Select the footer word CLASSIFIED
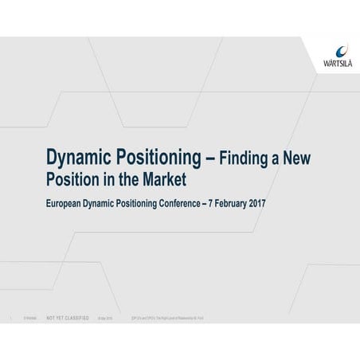[x=76, y=316]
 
